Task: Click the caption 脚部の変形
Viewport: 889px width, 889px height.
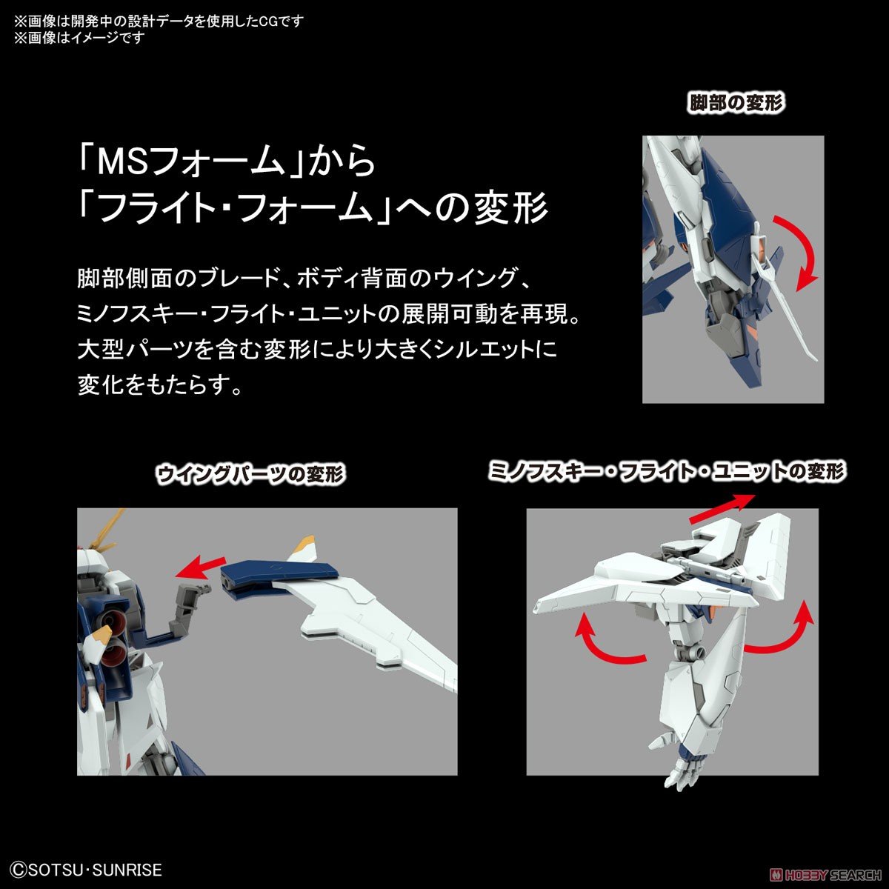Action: (x=736, y=102)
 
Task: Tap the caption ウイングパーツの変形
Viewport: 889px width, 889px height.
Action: (x=251, y=475)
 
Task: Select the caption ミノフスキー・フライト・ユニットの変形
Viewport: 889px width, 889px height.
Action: (x=667, y=472)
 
